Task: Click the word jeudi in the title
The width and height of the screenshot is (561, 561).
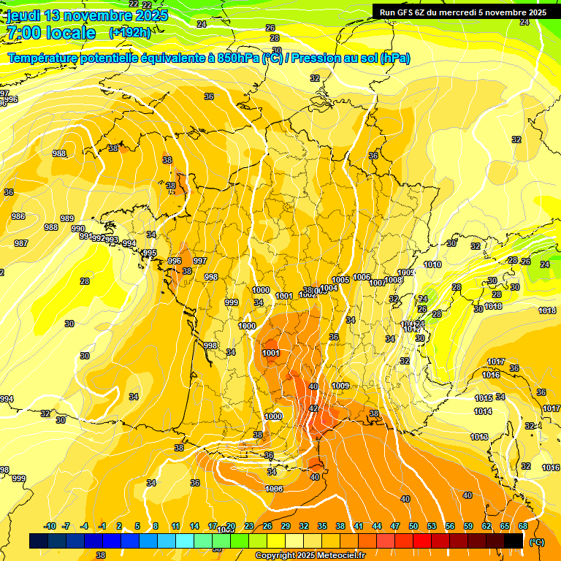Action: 23,15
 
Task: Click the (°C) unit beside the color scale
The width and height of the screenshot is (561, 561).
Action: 536,542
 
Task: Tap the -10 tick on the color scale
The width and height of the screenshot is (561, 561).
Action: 50,527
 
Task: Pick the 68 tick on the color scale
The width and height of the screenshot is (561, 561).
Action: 523,527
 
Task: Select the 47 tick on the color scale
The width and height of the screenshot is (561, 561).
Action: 395,527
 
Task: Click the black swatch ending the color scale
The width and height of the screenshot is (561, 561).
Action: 514,541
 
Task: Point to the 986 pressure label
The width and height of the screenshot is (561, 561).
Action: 18,216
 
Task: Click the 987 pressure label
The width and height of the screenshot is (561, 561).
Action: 21,243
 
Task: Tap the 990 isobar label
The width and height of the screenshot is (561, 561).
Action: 78,229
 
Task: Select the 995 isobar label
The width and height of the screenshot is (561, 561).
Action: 150,253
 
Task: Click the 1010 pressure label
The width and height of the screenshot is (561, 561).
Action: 432,264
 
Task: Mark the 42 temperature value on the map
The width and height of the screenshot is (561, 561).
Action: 313,408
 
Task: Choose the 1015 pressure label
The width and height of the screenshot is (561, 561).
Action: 483,398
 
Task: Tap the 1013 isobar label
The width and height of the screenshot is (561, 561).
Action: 479,437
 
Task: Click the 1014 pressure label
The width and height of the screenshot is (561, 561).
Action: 482,411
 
